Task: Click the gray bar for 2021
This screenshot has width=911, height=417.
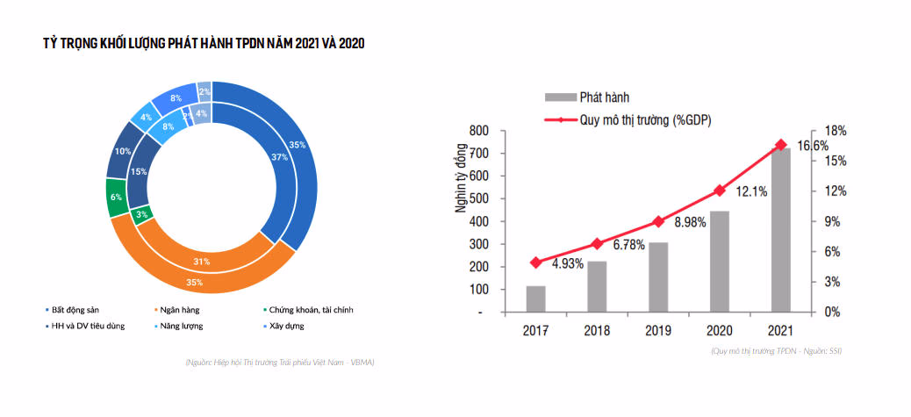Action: tap(780, 230)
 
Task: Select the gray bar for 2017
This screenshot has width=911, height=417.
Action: tap(535, 298)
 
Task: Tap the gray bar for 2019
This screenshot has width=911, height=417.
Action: tap(658, 277)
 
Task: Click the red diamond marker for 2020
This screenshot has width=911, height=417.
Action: tap(720, 191)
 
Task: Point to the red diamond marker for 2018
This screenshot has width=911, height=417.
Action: tap(597, 243)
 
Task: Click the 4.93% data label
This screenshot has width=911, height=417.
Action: tap(567, 264)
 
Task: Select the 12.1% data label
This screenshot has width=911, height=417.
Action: tap(752, 191)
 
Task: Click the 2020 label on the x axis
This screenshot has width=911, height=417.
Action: tap(720, 331)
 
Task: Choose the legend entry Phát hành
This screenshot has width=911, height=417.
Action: tap(604, 97)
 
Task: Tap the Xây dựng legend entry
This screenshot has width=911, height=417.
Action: tap(286, 326)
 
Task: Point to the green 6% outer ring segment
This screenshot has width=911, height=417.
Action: tap(117, 198)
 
